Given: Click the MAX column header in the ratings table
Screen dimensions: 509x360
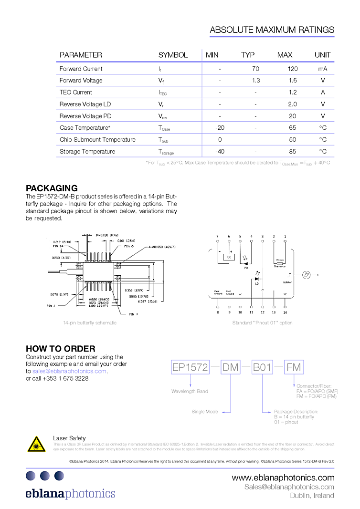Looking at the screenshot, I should point(285,55).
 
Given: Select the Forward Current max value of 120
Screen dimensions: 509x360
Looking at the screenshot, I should point(293,69).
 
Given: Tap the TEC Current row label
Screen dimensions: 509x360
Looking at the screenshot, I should point(75,92).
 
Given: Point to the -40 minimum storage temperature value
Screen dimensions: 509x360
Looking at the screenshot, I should point(220,151).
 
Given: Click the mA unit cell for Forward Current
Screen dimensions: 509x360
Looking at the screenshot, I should point(323,69).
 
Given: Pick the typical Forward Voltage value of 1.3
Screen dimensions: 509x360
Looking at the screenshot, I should point(256,81).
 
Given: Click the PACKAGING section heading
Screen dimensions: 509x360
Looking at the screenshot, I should point(52,188).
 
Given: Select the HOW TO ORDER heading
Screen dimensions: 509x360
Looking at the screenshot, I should point(61,348).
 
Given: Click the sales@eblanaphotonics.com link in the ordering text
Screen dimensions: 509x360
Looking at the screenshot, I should point(69,371).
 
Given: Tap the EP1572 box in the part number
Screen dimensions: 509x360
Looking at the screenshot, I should point(190,367).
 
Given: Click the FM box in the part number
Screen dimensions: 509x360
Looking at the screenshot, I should point(294,367).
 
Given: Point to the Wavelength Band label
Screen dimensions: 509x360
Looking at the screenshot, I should point(190,392).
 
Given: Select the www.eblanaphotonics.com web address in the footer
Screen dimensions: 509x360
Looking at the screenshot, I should point(283,478).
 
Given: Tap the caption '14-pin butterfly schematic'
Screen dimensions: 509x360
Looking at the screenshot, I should point(90,323).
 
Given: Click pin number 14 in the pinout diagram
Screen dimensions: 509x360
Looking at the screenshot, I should point(285,312).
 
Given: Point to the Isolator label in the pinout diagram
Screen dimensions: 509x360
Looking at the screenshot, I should point(287,282).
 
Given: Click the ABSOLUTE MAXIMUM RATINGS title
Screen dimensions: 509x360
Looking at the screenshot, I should point(272,30).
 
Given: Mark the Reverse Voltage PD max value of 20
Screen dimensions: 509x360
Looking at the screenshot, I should point(293,116).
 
